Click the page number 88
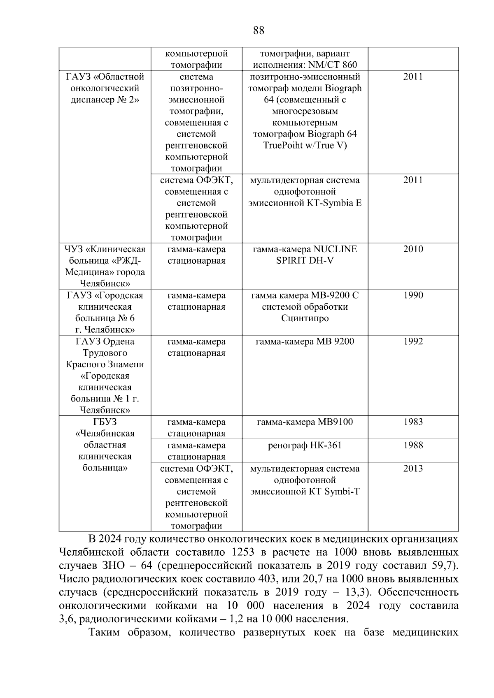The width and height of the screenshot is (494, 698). (x=259, y=30)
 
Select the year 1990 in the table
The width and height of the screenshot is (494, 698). (x=413, y=295)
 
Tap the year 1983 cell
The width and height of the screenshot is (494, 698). (x=413, y=422)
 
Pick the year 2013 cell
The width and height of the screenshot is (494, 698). (x=413, y=469)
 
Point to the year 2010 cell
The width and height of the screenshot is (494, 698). (x=413, y=249)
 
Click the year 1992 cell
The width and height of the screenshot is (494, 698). (x=413, y=341)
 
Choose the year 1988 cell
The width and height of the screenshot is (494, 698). (x=413, y=445)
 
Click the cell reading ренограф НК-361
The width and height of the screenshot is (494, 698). (x=305, y=445)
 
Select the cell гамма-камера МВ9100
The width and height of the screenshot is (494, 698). (x=305, y=422)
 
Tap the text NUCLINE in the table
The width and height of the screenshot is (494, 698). (x=335, y=249)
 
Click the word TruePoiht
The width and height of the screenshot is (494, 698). (x=282, y=146)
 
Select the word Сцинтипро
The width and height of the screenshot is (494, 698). (x=305, y=318)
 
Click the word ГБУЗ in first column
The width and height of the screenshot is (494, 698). (x=105, y=422)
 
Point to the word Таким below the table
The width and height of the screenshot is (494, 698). (x=105, y=633)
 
